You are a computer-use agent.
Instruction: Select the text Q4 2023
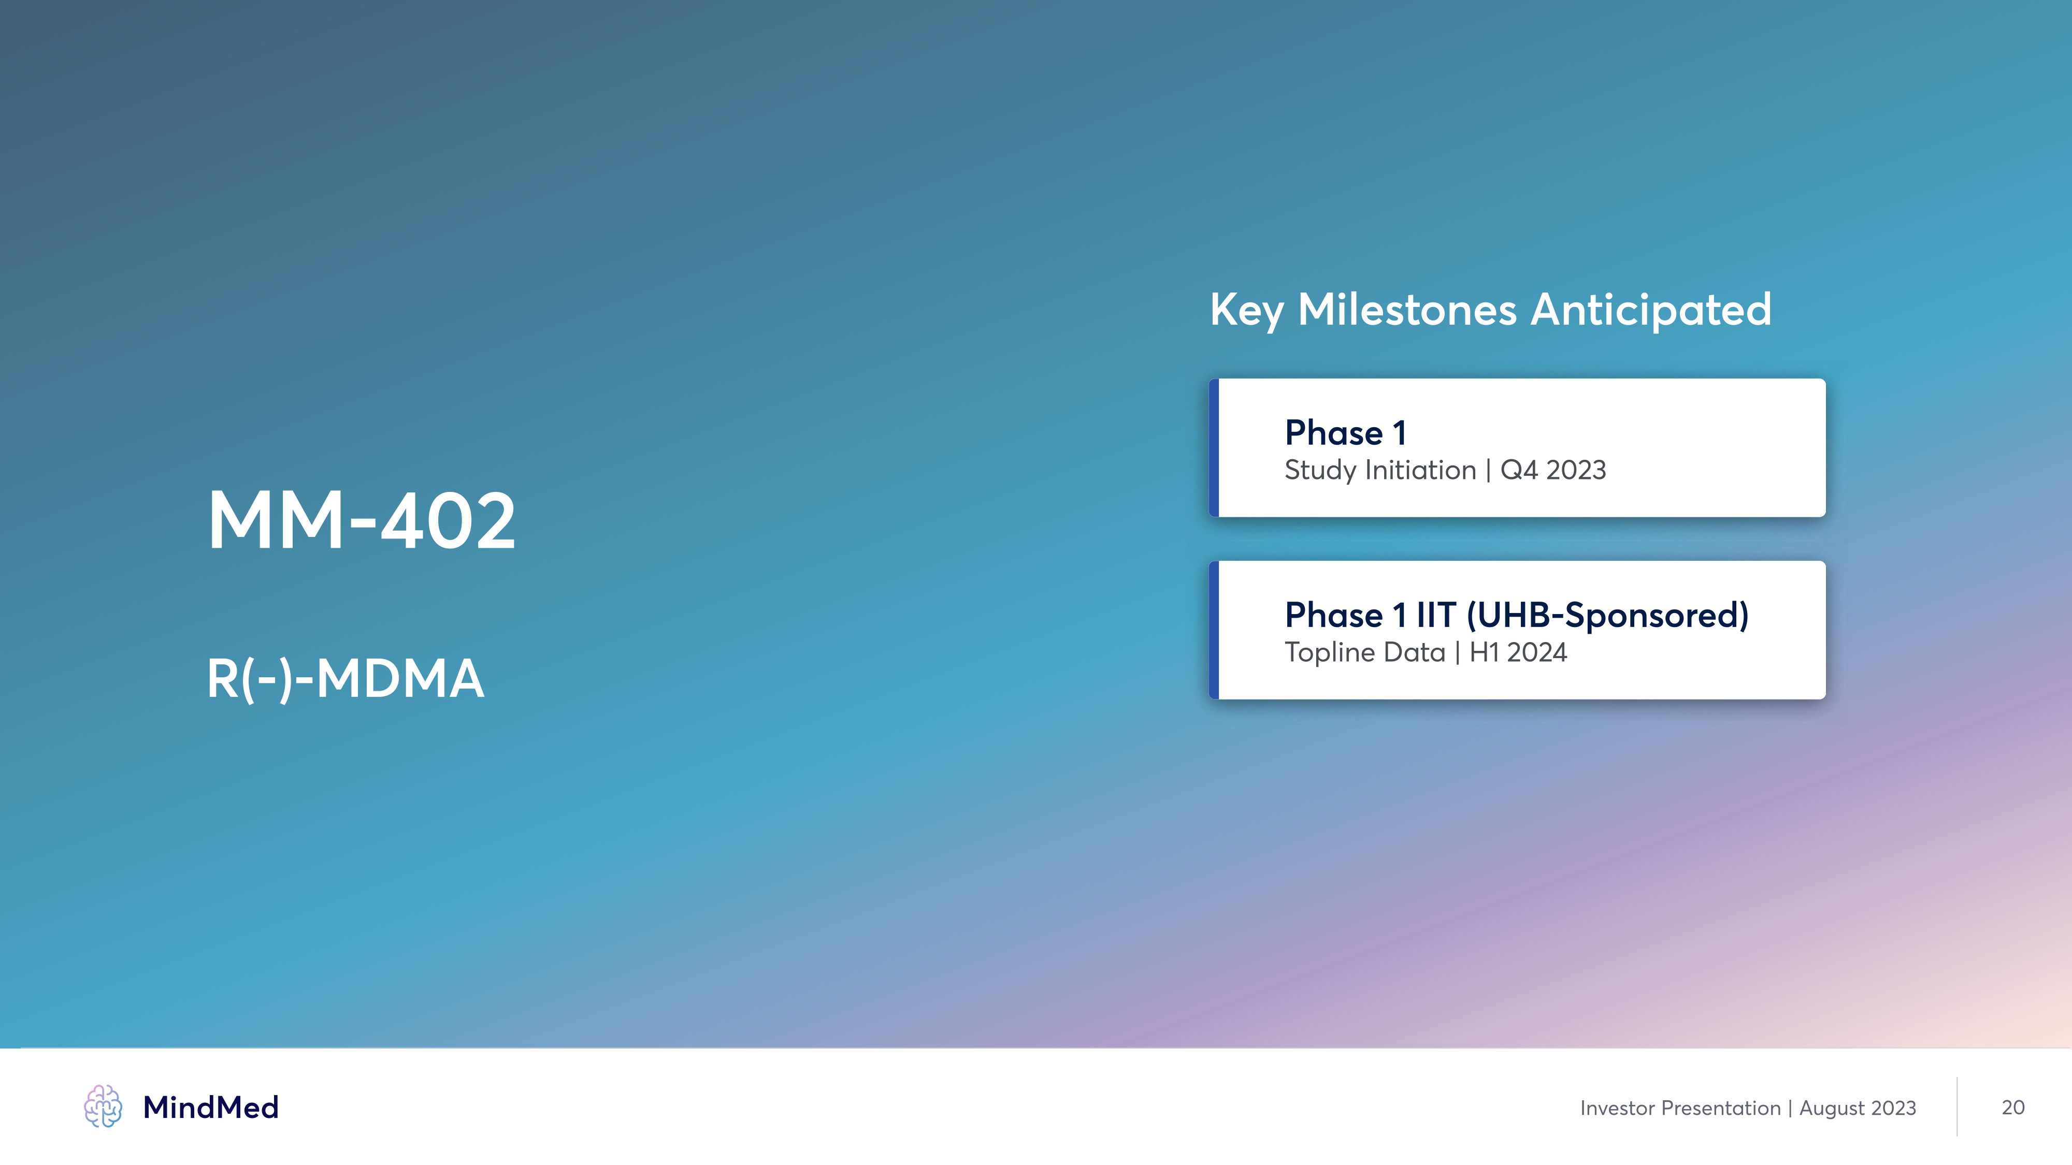(x=1553, y=470)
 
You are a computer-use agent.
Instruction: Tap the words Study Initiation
(x=1380, y=470)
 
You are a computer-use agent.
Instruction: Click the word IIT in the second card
(x=1436, y=615)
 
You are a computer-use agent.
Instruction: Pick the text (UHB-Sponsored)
(x=1608, y=616)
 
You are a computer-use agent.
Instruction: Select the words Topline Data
(x=1365, y=652)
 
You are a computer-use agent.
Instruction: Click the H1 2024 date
(x=1519, y=652)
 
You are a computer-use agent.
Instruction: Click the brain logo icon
(x=103, y=1106)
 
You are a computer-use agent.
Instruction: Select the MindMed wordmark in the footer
(x=211, y=1108)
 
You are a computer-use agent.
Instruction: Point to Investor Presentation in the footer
(x=1680, y=1108)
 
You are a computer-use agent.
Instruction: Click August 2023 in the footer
(x=1858, y=1109)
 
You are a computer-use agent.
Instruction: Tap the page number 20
(x=2013, y=1108)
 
